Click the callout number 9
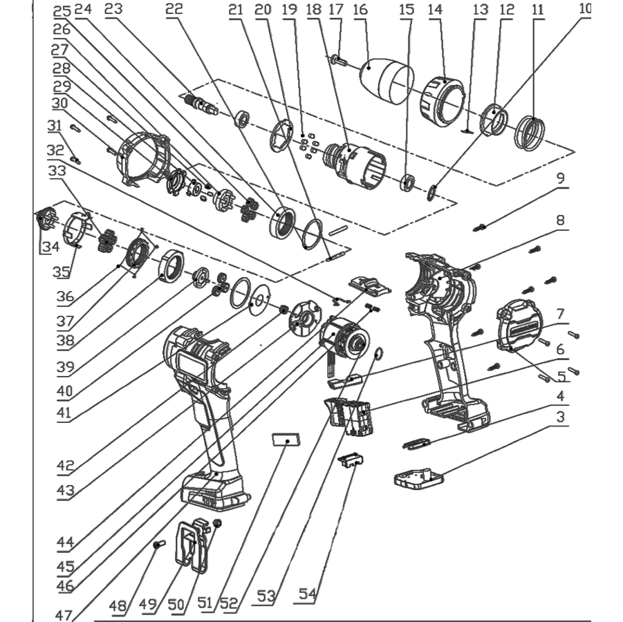click(560, 178)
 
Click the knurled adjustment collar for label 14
click(442, 100)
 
